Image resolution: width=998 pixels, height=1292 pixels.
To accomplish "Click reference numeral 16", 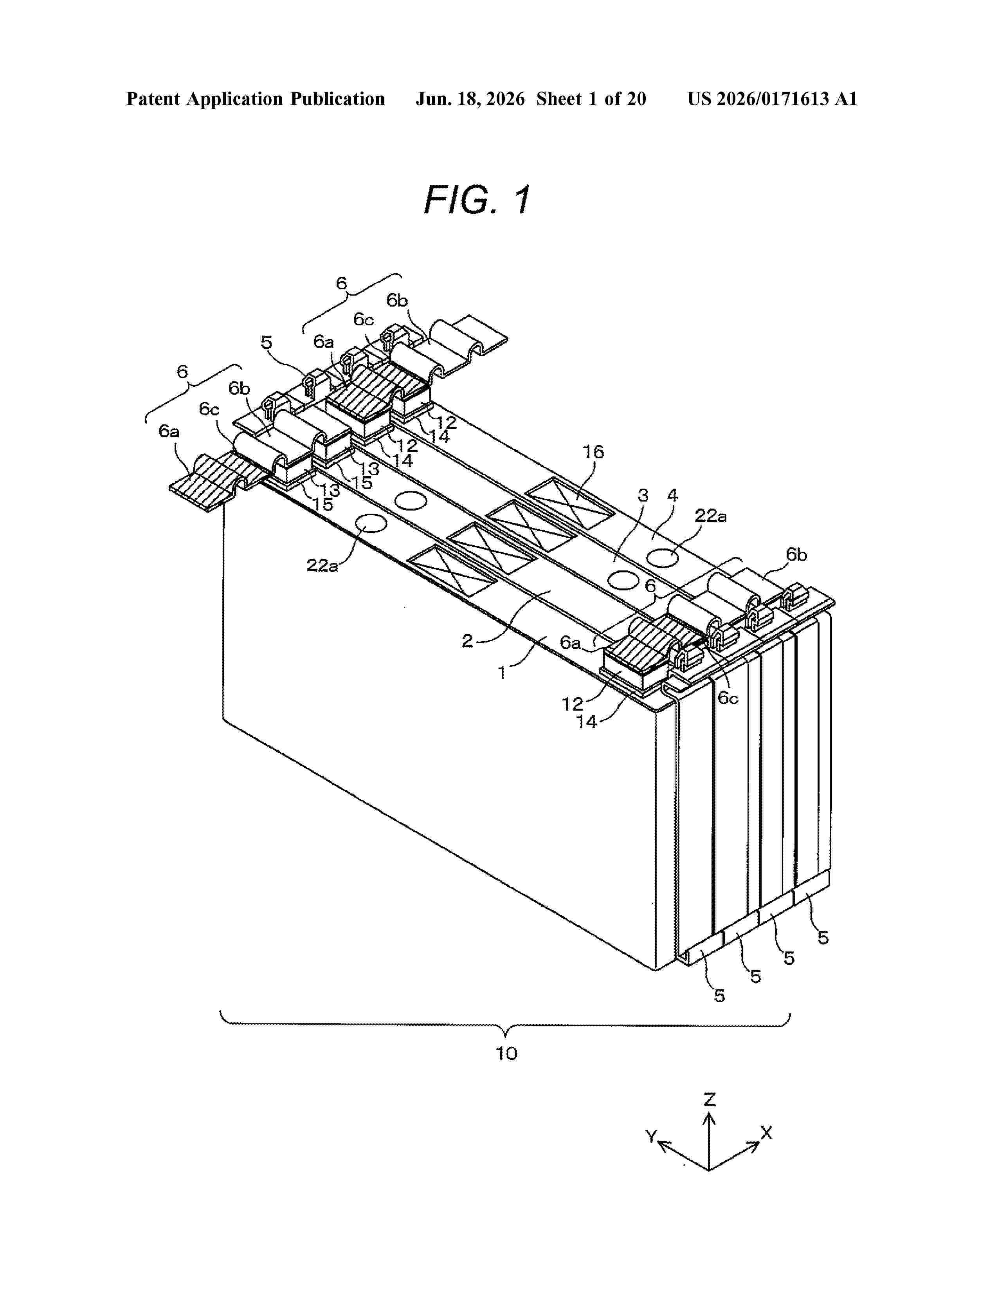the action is click(x=594, y=453).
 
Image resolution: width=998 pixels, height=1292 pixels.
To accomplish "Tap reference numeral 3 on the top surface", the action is click(x=643, y=495).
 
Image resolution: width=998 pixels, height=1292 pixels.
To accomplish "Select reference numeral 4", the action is click(x=672, y=495).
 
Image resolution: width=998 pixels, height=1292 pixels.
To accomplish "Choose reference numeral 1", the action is click(x=502, y=673).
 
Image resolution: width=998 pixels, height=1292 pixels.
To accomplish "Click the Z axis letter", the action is click(x=710, y=1100).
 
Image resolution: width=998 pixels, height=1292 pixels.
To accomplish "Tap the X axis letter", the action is click(x=766, y=1133).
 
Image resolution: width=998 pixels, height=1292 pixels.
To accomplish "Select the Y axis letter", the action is click(x=651, y=1136).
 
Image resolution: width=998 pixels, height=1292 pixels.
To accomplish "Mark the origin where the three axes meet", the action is click(x=709, y=1170).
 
